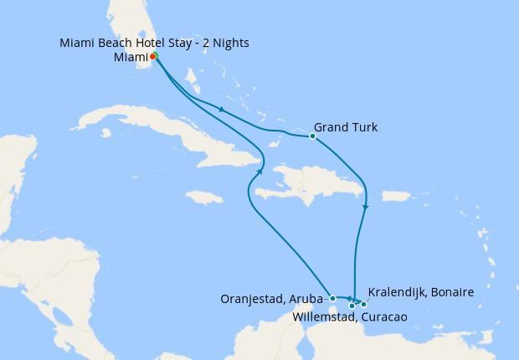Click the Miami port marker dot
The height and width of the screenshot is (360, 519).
point(153,57)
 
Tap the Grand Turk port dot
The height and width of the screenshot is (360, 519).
point(312,136)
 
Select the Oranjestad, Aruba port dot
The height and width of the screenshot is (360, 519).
point(332,298)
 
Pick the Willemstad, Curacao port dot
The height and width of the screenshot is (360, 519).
point(352,306)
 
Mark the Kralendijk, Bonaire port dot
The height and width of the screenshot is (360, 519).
point(363,304)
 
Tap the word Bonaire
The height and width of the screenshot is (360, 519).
point(450,292)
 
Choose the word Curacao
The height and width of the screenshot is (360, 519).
point(383,317)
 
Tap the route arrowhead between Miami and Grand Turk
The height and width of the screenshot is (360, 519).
point(220,109)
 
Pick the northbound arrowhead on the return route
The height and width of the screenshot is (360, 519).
point(260,171)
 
